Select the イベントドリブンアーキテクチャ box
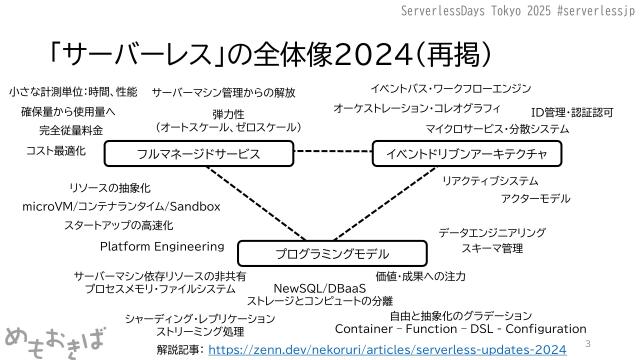coord(460,153)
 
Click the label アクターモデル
coord(535,199)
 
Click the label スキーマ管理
coord(492,248)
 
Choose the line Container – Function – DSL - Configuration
coord(461,328)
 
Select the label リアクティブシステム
coord(490,181)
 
